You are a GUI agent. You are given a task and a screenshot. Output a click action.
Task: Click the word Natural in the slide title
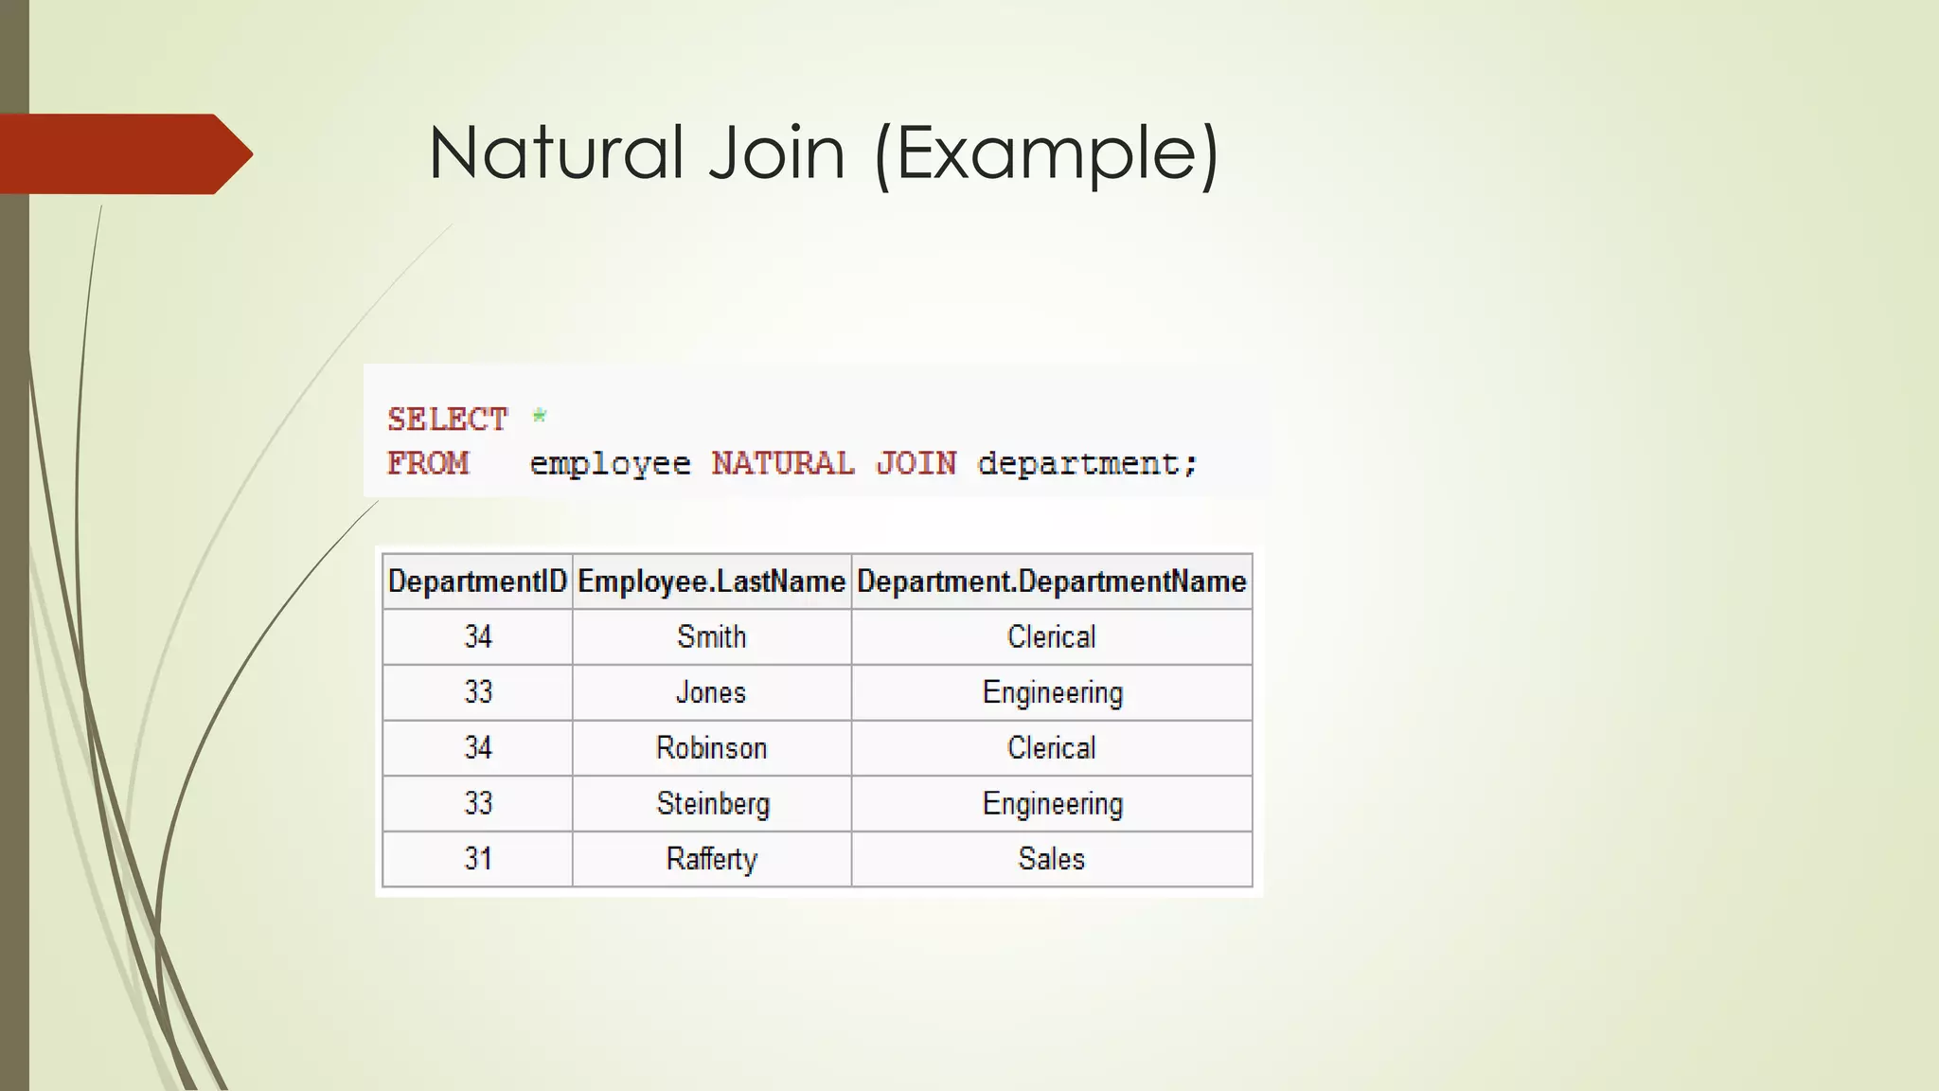click(x=555, y=152)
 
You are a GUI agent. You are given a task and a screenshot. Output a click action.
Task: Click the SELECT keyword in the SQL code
click(x=448, y=419)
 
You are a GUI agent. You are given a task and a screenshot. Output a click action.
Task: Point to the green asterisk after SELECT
click(x=540, y=416)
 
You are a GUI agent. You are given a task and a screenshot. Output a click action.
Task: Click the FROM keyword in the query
click(x=428, y=463)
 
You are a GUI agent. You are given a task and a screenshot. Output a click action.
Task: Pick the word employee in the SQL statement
click(x=610, y=464)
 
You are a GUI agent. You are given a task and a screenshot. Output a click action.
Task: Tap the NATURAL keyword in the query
click(x=783, y=463)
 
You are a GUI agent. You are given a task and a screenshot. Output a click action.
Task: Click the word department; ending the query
click(x=1088, y=464)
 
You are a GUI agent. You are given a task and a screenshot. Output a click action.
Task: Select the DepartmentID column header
click(x=477, y=581)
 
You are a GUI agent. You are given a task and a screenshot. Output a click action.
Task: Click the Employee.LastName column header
click(x=711, y=581)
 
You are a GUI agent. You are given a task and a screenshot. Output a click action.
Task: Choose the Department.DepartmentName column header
click(x=1051, y=581)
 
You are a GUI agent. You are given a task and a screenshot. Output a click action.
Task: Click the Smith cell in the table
click(x=711, y=636)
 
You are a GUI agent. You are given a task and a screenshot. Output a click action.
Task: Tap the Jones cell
click(x=711, y=692)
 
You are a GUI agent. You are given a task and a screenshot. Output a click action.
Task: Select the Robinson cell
click(x=711, y=748)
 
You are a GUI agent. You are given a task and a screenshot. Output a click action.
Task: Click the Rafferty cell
click(x=711, y=859)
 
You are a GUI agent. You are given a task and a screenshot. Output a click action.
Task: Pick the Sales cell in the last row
click(x=1051, y=859)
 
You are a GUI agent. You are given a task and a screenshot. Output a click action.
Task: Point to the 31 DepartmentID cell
click(x=477, y=859)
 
